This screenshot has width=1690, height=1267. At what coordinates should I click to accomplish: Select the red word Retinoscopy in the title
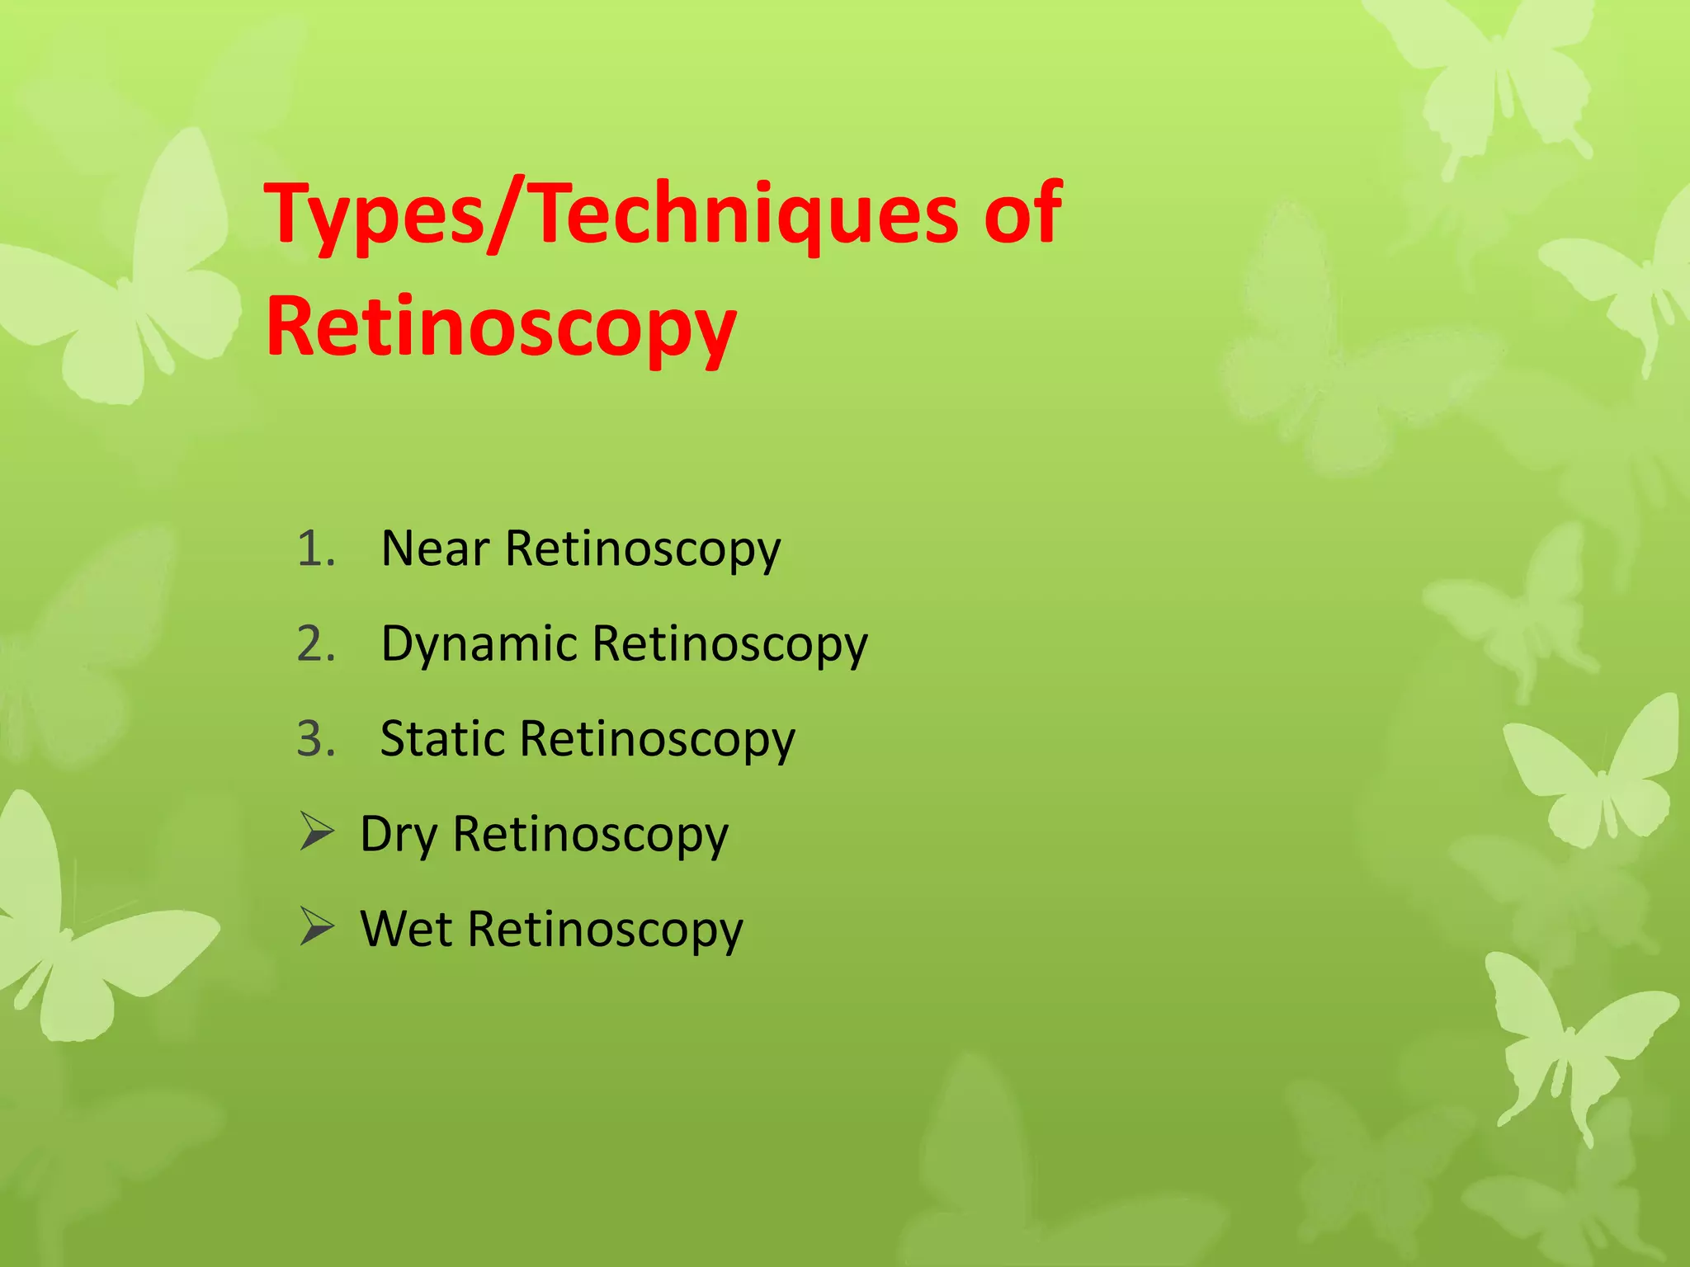click(x=501, y=328)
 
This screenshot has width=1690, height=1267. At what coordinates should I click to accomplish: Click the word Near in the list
click(x=435, y=549)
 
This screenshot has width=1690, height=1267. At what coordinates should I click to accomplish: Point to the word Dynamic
click(x=479, y=644)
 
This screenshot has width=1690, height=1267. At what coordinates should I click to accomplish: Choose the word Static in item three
click(x=442, y=738)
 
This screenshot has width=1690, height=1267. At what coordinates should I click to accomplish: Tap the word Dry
click(x=399, y=834)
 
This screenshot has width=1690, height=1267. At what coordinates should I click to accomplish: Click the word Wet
click(x=406, y=929)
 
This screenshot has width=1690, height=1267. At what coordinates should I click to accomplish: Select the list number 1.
click(x=315, y=549)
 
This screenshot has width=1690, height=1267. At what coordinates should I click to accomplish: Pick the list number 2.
click(x=315, y=644)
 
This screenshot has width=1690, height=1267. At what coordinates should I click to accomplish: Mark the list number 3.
click(x=315, y=739)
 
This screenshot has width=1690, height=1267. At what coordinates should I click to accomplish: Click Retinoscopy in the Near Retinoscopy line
click(x=643, y=550)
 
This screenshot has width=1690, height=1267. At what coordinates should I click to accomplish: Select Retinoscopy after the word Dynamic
click(x=730, y=645)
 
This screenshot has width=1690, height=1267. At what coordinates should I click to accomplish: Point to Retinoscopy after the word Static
click(x=658, y=740)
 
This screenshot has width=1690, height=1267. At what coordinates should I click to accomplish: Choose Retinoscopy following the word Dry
click(x=591, y=835)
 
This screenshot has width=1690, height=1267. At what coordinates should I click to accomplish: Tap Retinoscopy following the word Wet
click(x=606, y=930)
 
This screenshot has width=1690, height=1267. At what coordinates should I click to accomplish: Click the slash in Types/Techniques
click(x=506, y=216)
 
